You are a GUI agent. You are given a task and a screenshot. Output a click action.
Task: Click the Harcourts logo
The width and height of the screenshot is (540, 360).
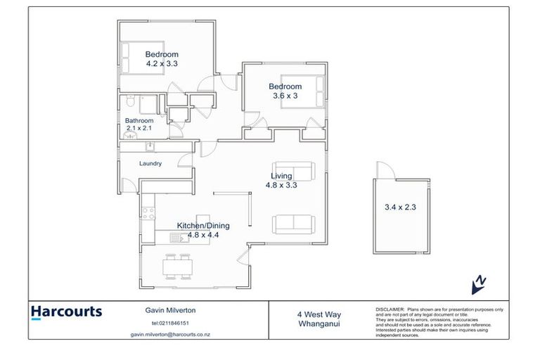pos(66,312)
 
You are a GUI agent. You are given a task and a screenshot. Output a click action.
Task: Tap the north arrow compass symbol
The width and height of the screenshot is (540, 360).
pos(478,283)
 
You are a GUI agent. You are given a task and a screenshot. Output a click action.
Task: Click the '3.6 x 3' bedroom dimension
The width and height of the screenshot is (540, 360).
pos(285,96)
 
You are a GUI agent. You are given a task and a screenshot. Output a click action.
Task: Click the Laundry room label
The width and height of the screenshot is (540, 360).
pos(150,164)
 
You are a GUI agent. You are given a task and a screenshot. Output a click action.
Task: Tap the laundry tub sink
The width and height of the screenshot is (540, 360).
pos(150,147)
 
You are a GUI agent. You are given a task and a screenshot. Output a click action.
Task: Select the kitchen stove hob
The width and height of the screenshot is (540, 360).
pos(148,212)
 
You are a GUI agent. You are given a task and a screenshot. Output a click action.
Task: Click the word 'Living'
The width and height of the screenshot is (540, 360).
pos(282,176)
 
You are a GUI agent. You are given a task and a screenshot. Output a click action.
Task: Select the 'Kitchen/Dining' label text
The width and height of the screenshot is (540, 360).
pos(203,226)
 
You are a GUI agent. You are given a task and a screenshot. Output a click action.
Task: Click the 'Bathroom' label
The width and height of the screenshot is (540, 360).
pos(139,120)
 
